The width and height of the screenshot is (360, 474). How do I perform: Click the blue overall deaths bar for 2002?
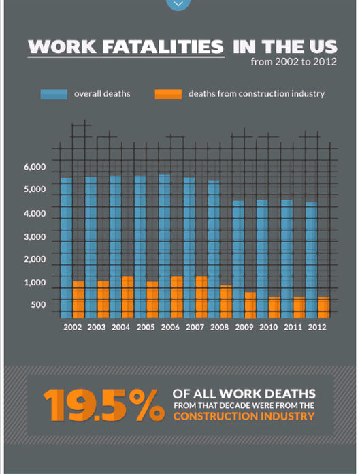(67, 248)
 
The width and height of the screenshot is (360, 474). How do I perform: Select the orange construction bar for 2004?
(128, 297)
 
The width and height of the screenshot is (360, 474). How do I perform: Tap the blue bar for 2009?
(238, 259)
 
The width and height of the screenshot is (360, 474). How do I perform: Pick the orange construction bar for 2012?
(324, 307)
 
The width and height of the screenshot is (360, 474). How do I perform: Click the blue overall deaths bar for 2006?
(165, 247)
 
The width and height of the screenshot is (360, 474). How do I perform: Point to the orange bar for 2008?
(226, 302)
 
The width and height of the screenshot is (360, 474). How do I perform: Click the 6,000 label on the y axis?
(35, 167)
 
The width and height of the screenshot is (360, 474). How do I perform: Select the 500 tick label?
(38, 304)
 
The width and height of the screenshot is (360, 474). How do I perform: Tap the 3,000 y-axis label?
(35, 237)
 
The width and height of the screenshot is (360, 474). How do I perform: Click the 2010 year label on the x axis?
(269, 327)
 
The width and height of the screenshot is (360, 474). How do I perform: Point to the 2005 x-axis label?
(146, 327)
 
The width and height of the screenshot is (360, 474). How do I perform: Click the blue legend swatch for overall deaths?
(54, 94)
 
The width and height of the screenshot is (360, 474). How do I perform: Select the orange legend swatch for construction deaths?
(168, 94)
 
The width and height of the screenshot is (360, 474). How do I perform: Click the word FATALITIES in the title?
(163, 46)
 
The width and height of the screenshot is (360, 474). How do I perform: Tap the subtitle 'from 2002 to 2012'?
(293, 62)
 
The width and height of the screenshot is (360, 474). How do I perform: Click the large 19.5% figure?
(104, 405)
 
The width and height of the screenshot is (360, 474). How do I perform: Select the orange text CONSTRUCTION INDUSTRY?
(244, 416)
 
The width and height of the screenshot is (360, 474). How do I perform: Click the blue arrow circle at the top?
(178, 3)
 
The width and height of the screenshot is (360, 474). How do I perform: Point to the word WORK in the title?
(63, 46)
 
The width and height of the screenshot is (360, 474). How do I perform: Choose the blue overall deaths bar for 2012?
(312, 260)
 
